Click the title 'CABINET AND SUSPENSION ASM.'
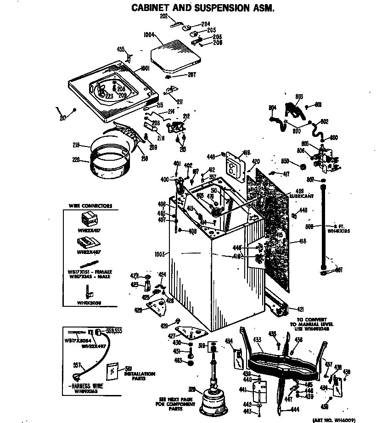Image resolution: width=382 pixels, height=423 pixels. [203, 8]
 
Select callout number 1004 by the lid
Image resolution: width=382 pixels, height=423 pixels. [148, 34]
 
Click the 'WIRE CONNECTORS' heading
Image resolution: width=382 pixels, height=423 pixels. [90, 206]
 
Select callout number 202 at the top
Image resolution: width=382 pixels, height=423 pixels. [164, 16]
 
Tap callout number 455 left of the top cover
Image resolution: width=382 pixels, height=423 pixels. [120, 49]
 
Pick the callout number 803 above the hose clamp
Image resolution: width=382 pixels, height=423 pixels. [299, 96]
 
